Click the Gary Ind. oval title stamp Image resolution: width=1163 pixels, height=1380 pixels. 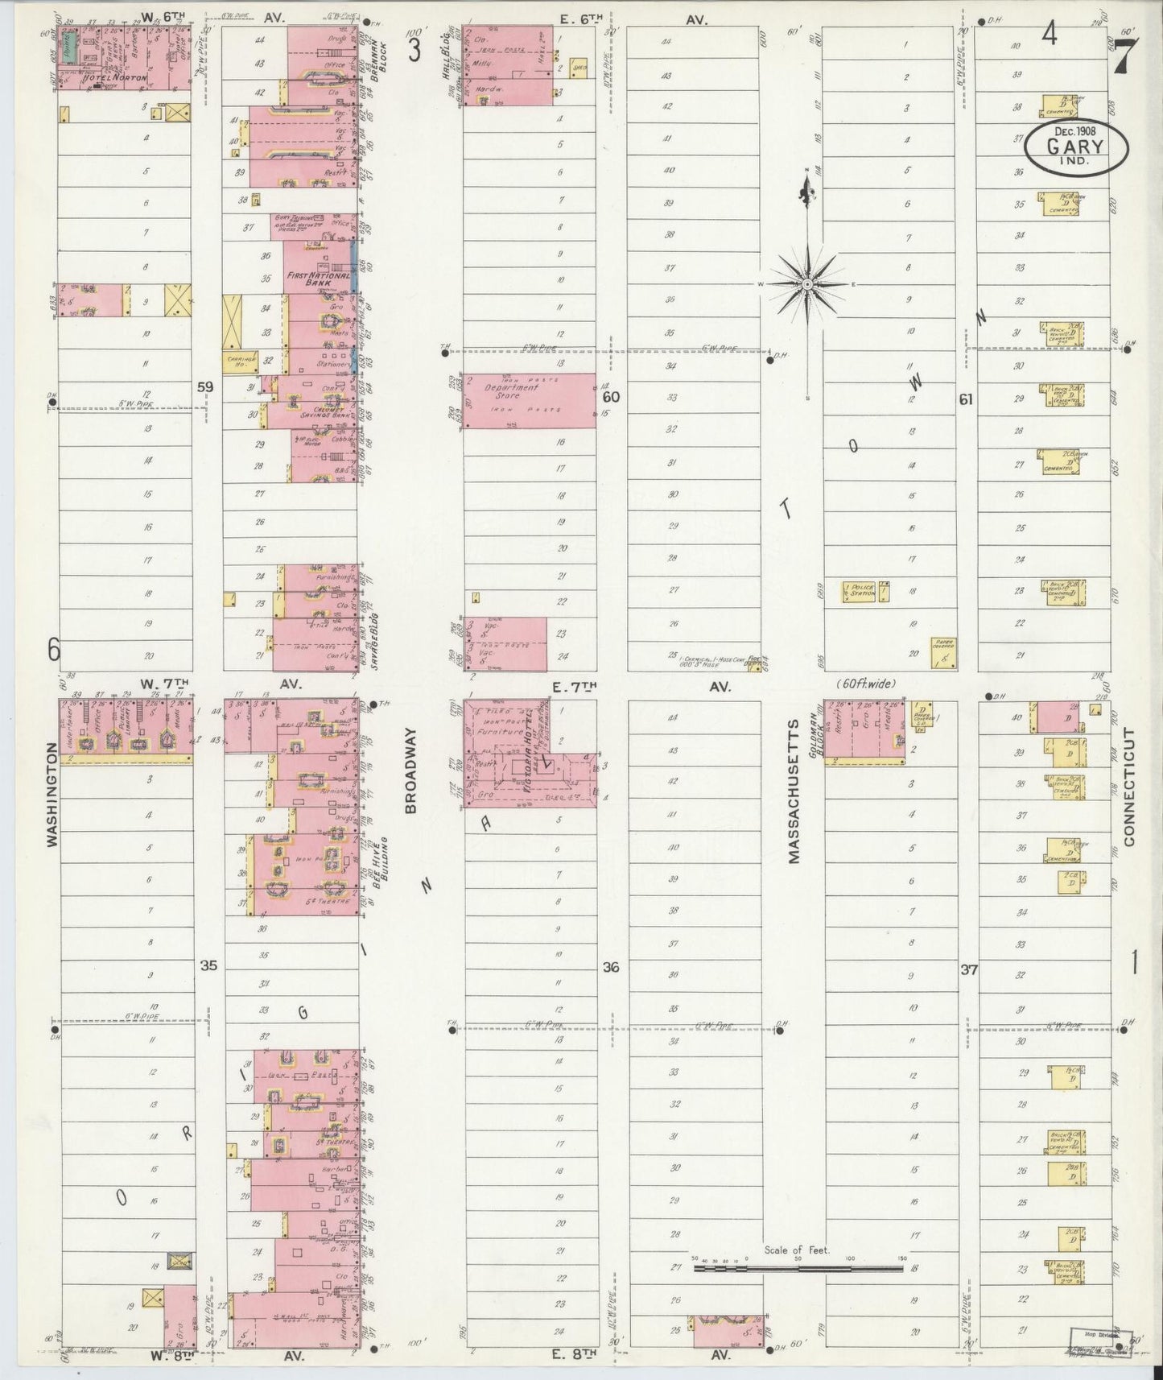click(x=1076, y=147)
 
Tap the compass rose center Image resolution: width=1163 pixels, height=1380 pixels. click(x=806, y=284)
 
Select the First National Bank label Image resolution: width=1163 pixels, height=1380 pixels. click(x=319, y=279)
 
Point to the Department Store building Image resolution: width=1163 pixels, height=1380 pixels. click(x=529, y=400)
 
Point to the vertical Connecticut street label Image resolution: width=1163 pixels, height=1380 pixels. click(x=1128, y=787)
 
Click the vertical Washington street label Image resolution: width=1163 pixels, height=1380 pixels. click(x=52, y=794)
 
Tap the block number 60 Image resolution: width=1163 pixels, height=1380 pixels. click(x=611, y=397)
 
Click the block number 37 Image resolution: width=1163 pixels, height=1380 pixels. click(x=968, y=970)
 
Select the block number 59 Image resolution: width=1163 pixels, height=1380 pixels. click(x=206, y=387)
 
